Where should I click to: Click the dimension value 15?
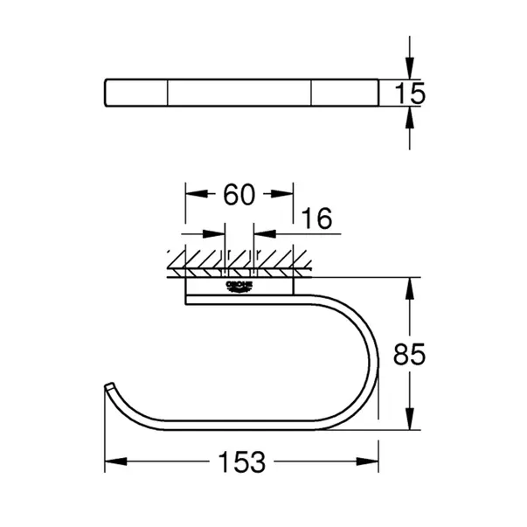(x=409, y=93)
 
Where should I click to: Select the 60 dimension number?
(x=239, y=195)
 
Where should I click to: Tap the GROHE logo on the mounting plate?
(x=239, y=286)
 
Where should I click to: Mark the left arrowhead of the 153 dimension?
(x=112, y=463)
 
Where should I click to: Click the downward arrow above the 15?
(x=408, y=71)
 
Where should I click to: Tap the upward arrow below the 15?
(x=408, y=114)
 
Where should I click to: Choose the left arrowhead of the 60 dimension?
(x=191, y=195)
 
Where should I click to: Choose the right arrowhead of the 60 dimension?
(x=286, y=195)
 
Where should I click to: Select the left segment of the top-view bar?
(x=136, y=92)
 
